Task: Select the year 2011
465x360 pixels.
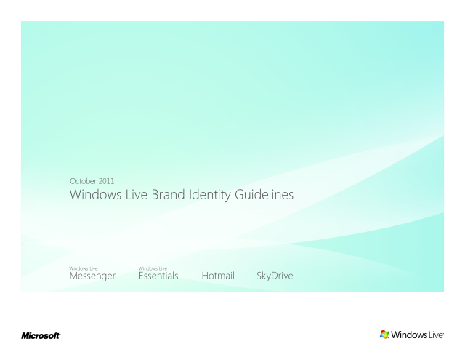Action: (107, 181)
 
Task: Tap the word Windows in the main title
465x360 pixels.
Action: (95, 195)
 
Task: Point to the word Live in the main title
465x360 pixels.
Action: (137, 195)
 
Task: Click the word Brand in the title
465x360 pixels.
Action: (168, 195)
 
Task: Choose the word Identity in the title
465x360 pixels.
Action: (210, 196)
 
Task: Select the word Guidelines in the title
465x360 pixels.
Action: (264, 195)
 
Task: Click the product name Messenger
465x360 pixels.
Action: (92, 276)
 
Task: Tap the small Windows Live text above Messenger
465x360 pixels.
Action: (84, 268)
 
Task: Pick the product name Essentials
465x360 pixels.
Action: (158, 276)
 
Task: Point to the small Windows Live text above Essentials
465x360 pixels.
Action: (153, 268)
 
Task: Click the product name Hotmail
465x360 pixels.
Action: (218, 276)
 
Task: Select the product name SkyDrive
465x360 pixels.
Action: (275, 276)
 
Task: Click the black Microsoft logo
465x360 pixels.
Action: (41, 336)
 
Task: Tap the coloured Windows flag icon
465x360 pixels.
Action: (384, 335)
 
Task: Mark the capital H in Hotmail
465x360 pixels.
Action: (205, 276)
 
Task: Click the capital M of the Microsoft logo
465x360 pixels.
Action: (25, 336)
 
